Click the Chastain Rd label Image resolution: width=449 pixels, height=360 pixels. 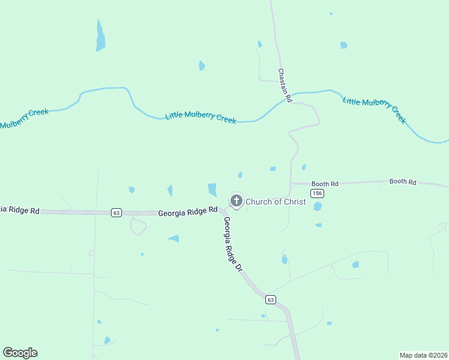[x=285, y=85]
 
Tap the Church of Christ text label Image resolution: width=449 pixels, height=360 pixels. [x=276, y=202]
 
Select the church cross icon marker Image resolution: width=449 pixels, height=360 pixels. [x=237, y=201]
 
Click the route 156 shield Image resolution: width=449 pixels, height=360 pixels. [x=318, y=193]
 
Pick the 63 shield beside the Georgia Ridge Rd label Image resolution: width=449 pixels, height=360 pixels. [x=116, y=212]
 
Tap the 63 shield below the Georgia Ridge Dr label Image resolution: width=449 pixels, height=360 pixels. [x=271, y=299]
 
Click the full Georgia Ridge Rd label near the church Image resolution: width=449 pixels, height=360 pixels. [x=187, y=212]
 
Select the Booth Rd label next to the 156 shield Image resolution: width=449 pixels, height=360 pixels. [x=325, y=183]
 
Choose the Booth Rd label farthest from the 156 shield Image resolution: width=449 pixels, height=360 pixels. [x=402, y=181]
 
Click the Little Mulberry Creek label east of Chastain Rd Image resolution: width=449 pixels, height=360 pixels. [x=375, y=108]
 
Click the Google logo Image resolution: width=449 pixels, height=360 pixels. [x=20, y=353]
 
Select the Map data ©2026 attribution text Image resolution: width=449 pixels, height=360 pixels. [x=423, y=355]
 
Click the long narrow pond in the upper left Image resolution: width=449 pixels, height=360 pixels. [x=100, y=36]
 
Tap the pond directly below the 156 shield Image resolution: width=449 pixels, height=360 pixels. [x=318, y=206]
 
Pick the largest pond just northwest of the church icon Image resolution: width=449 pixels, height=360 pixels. [x=212, y=190]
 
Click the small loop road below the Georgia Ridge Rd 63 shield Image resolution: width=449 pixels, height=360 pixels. [x=138, y=226]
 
